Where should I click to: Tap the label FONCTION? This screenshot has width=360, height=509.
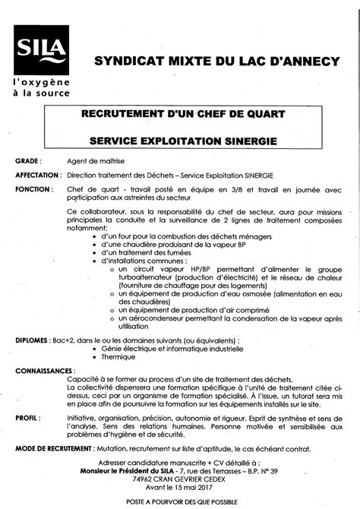[x=33, y=188]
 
